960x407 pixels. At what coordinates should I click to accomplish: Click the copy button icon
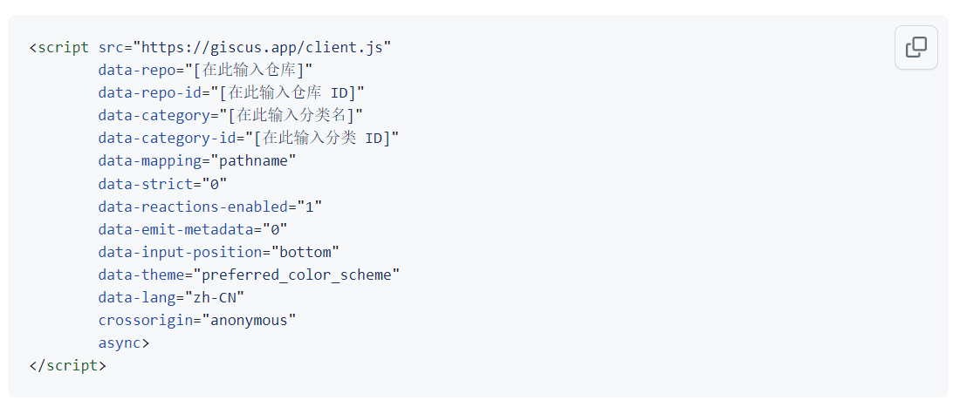point(915,48)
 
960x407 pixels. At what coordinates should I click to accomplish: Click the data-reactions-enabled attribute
point(193,207)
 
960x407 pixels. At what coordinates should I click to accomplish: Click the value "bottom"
point(305,252)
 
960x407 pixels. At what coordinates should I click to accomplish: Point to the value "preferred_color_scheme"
point(297,275)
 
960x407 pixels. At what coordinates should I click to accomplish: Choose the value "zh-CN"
point(215,297)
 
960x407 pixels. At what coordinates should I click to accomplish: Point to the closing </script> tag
point(67,365)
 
